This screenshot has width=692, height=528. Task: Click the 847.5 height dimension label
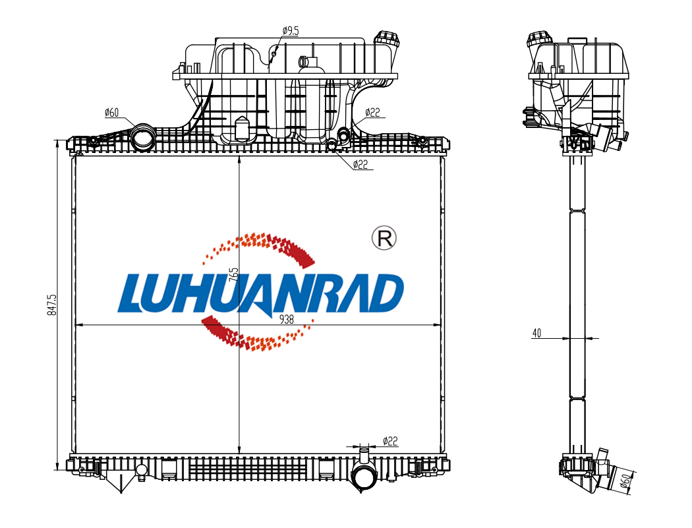coord(53,305)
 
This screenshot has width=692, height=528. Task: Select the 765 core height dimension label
coord(233,274)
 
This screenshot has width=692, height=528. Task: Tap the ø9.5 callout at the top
coord(291,30)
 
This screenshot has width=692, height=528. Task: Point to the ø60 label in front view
coord(111,113)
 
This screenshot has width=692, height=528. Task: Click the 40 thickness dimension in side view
coord(536,334)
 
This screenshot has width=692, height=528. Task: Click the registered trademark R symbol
coord(384,238)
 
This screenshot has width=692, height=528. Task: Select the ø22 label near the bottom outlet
coord(390,440)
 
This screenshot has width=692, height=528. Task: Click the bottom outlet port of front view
coord(363,476)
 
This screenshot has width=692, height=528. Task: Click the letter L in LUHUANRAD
coord(135,294)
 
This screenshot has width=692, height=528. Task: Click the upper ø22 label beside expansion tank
coord(374,113)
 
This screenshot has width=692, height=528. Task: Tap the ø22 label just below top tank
coord(360,164)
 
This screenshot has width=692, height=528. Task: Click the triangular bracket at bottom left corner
coord(120,483)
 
